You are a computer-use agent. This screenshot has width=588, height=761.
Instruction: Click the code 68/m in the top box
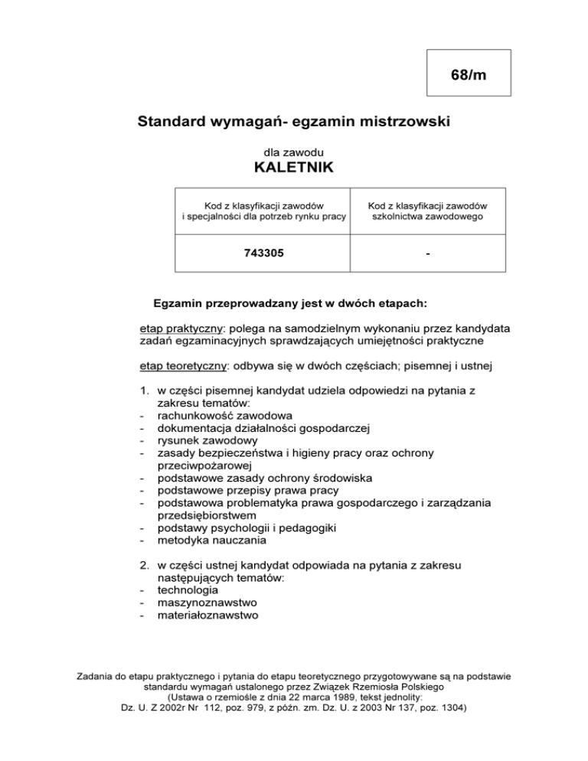click(467, 75)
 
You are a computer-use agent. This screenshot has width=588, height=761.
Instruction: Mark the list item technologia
click(188, 590)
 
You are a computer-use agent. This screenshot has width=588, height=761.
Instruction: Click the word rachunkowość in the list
click(192, 416)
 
